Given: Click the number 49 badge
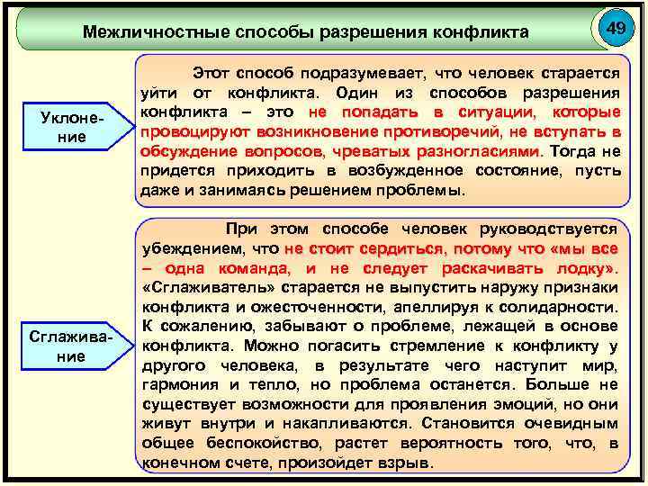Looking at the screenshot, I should [x=616, y=29].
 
